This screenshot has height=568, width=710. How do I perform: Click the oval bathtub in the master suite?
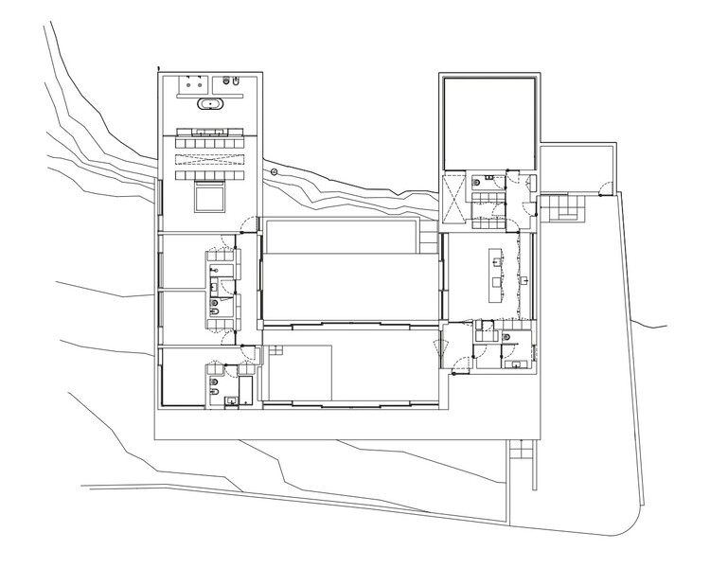click(207, 106)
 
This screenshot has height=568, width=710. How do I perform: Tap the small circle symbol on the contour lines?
click(274, 172)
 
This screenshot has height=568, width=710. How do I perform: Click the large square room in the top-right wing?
click(491, 121)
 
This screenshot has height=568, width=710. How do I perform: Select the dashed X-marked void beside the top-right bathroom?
click(454, 201)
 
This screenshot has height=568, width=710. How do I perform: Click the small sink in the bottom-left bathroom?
click(230, 401)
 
